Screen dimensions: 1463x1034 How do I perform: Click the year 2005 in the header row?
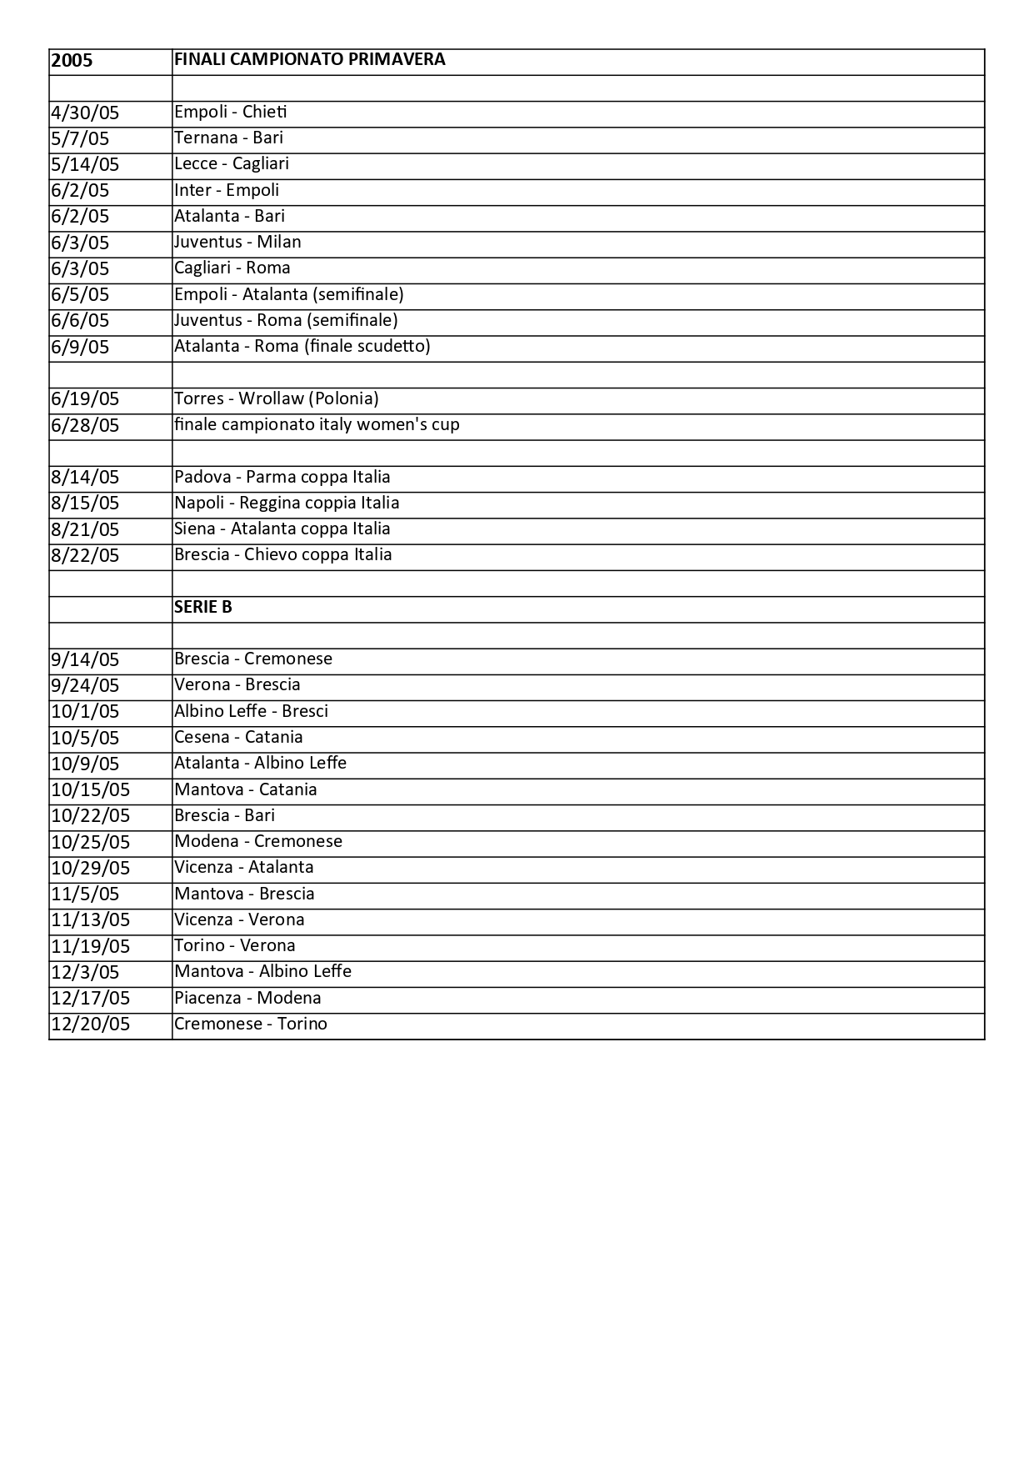tap(72, 61)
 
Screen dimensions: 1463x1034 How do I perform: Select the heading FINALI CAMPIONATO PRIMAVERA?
tap(309, 59)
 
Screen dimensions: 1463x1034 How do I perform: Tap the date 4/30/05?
tap(85, 113)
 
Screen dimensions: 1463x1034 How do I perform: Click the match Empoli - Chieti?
tap(230, 112)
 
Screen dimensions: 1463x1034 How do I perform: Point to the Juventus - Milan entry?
tap(237, 242)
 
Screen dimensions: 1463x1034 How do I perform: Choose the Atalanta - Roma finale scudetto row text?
tap(302, 346)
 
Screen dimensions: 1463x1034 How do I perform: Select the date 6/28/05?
tap(85, 425)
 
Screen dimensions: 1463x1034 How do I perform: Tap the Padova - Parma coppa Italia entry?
tap(282, 477)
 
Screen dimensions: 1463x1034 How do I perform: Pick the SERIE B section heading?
tap(202, 607)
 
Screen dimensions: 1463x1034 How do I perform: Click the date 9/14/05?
tap(85, 659)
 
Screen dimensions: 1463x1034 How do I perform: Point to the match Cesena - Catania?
tap(238, 737)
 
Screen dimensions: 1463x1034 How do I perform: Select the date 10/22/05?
tap(90, 815)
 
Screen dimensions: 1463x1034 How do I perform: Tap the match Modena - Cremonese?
tap(257, 841)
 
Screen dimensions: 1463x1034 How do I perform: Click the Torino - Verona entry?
tap(234, 945)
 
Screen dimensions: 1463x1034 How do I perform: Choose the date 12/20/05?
tap(90, 1024)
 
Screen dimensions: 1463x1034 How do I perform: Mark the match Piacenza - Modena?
tap(247, 998)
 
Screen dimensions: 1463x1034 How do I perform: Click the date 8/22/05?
tap(85, 555)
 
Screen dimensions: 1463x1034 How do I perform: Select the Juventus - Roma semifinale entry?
tap(286, 320)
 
